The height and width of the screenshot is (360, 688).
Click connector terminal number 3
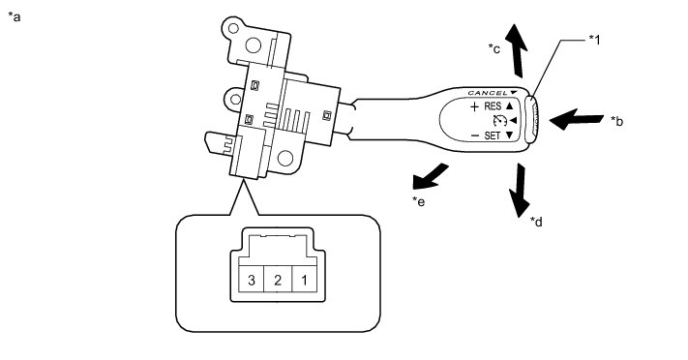[252, 280]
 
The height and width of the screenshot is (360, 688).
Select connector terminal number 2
[278, 280]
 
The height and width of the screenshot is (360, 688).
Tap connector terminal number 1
[304, 280]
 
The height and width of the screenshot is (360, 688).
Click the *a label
[15, 17]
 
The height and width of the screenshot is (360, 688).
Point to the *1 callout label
[594, 40]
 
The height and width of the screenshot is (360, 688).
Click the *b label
[617, 121]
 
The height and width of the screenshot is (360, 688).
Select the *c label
[494, 48]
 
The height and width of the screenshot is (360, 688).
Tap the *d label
[536, 222]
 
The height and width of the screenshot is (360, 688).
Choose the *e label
[418, 201]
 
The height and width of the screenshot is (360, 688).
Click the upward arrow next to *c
[516, 50]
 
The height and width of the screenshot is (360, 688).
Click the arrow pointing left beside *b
[577, 119]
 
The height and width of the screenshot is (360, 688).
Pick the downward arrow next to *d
[520, 190]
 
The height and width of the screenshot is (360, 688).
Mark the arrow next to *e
[430, 177]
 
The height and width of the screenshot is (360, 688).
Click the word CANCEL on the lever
[488, 93]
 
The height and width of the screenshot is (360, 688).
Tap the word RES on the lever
[493, 106]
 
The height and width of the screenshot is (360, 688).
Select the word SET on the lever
[493, 135]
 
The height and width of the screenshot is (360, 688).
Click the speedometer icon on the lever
[499, 121]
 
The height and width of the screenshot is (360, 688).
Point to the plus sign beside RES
[474, 106]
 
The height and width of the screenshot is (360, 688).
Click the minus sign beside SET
[475, 135]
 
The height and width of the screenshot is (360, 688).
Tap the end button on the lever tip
[531, 119]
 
